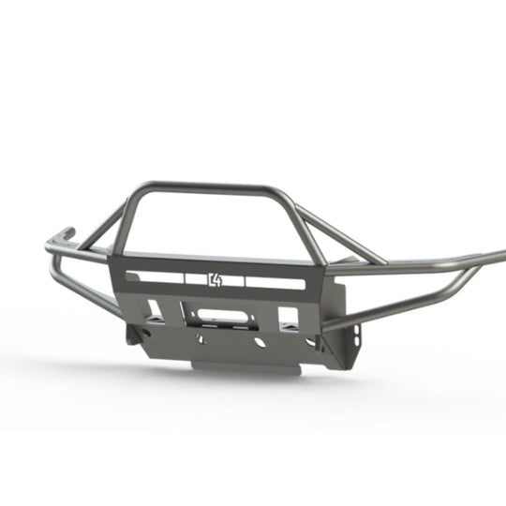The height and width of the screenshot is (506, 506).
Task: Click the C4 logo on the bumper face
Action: coord(216,278)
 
